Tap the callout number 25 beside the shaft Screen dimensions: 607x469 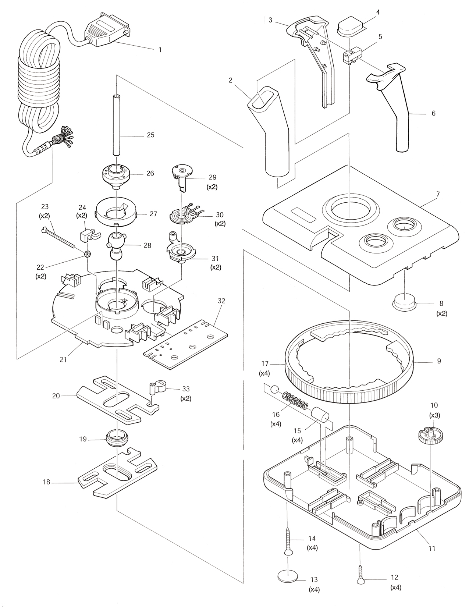[150, 135]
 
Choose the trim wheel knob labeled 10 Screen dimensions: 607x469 [428, 433]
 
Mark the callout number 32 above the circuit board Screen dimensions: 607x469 [221, 301]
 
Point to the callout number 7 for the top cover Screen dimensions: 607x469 [437, 194]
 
